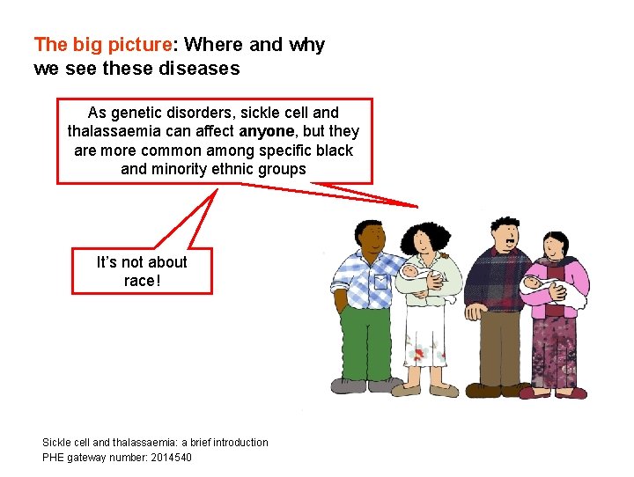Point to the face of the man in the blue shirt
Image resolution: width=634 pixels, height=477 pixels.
(371, 238)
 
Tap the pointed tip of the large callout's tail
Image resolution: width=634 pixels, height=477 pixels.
(417, 206)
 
